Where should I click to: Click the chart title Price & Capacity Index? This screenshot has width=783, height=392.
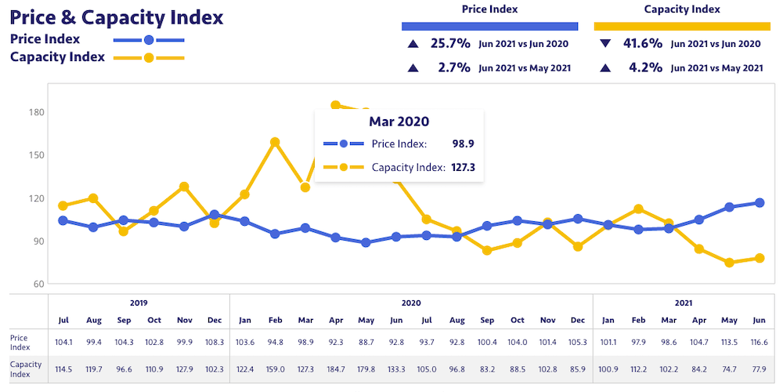coord(117,16)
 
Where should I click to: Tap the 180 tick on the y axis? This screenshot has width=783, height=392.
coord(37,112)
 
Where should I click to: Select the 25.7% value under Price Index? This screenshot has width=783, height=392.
coord(450,44)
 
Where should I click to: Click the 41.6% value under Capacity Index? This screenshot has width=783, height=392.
coord(643,44)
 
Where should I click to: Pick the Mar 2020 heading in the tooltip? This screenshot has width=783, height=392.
coord(399,122)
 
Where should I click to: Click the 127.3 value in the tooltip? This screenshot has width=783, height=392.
coord(464,167)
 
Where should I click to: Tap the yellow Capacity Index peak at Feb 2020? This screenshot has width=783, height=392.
coord(275,143)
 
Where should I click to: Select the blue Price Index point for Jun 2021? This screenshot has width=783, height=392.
coord(760,203)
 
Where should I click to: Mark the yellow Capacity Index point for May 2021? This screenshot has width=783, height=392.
coord(729,263)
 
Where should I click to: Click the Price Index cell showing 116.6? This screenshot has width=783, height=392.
coord(760,342)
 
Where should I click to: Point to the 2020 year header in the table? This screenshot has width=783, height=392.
coord(411,303)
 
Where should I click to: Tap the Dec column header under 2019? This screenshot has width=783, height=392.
coord(215,320)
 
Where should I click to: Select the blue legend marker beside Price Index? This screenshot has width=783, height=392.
coord(149,39)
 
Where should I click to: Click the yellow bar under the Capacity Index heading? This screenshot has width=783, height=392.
coord(682,26)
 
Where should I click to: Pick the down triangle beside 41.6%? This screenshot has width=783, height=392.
coord(605,44)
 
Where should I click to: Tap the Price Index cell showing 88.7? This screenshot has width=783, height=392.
coord(366,342)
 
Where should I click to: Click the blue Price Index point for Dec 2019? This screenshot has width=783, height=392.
coord(215,215)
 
